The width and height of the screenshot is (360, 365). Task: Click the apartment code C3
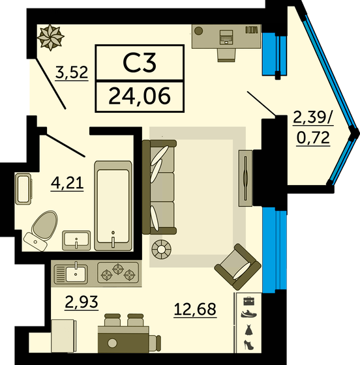[x=139, y=64]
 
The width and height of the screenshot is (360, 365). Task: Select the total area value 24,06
[x=139, y=97]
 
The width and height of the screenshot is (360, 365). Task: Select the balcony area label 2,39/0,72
[x=313, y=128]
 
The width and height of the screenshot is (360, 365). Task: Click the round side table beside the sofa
[x=159, y=248]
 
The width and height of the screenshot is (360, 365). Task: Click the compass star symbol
[x=50, y=37]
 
